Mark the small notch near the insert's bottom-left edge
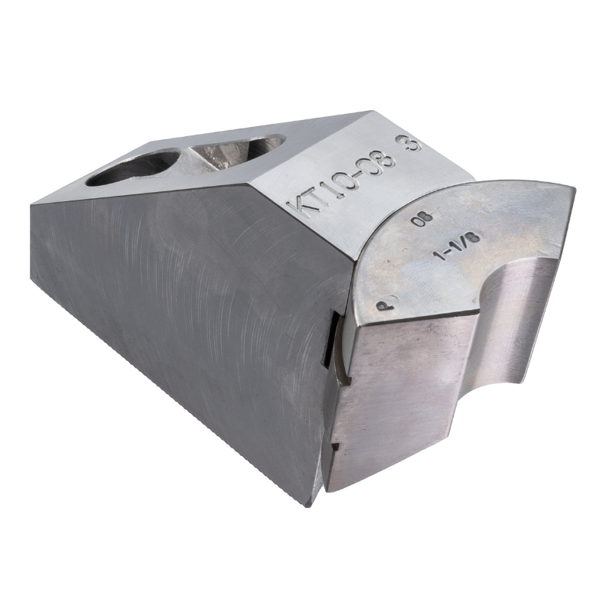335,444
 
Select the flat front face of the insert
398,398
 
